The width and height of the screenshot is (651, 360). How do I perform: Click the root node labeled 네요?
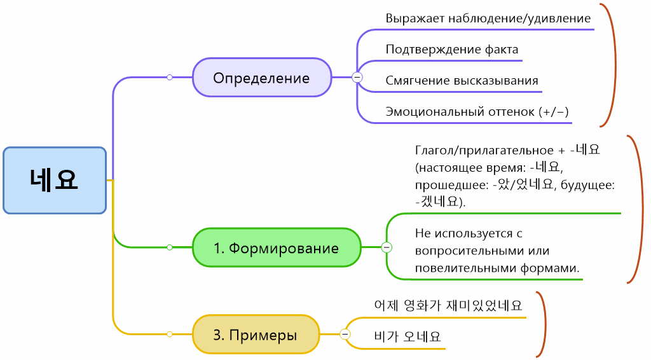coord(55,180)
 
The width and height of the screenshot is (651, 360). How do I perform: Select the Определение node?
coord(262,78)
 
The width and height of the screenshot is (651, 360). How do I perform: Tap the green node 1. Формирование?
coord(277,247)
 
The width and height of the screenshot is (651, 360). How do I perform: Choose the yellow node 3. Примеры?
coord(256,335)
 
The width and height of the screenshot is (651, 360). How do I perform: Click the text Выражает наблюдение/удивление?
coord(488,18)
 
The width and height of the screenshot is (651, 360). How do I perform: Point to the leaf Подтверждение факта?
coord(451,49)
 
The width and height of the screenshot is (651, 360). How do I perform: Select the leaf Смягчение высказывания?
coord(462,81)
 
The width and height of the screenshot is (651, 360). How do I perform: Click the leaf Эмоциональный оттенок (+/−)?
coord(477,111)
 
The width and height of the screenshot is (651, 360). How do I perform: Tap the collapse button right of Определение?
coord(357,77)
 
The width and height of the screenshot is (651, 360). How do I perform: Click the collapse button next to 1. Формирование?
coord(387,247)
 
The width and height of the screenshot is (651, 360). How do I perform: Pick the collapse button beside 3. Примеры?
coord(345,334)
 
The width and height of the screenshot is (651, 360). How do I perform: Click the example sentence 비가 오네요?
coord(408,336)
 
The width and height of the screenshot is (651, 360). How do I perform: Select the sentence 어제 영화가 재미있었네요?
coord(449,305)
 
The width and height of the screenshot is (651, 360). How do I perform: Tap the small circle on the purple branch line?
coord(170,77)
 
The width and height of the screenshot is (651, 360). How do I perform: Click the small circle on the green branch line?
coord(170,247)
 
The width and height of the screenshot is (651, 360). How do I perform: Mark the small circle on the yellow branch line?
coord(170,334)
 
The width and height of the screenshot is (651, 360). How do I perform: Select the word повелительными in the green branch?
coord(456,268)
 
